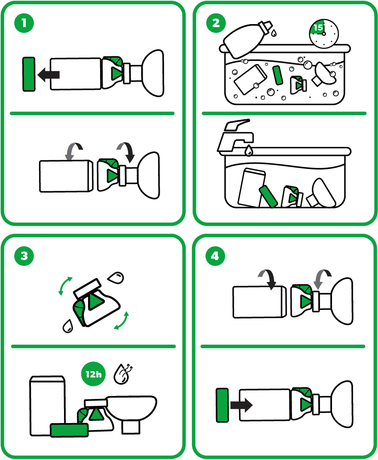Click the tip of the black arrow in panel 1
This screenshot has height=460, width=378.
pos(38,75)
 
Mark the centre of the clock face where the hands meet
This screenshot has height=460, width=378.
pos(324,34)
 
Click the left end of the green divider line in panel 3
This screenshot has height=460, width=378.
pos(11,347)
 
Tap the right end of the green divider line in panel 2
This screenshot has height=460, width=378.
pos(366,113)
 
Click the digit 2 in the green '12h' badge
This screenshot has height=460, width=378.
pos(91,374)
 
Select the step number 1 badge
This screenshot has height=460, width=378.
pos(24,23)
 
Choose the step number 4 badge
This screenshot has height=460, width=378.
pos(215,256)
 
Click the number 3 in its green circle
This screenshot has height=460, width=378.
pos(24,256)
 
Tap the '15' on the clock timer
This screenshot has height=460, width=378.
pos(318,28)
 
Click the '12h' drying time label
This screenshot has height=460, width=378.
pos(94,374)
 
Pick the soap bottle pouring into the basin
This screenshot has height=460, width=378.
pos(247,39)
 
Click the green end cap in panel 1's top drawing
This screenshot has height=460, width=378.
pos(29,74)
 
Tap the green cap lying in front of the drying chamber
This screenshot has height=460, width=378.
pos(69,430)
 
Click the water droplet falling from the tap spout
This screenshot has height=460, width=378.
pos(249,150)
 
